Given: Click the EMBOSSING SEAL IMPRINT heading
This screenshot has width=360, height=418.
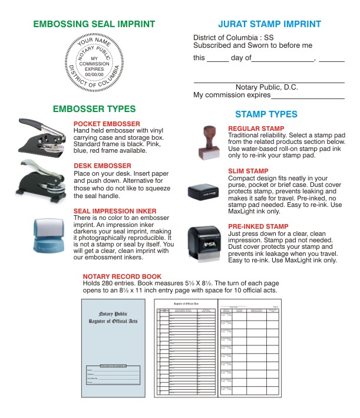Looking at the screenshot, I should pyautogui.click(x=94, y=24).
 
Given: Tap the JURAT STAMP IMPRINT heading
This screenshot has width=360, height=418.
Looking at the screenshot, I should pyautogui.click(x=269, y=24).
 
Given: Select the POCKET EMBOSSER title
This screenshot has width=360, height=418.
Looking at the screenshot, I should pyautogui.click(x=107, y=124).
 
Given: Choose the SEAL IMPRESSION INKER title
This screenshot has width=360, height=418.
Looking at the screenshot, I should pyautogui.click(x=115, y=211).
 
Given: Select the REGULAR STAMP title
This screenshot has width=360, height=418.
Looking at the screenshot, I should pyautogui.click(x=256, y=129).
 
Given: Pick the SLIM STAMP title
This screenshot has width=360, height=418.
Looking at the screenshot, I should pyautogui.click(x=248, y=172).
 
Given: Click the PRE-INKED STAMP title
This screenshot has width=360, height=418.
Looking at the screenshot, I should pyautogui.click(x=258, y=226).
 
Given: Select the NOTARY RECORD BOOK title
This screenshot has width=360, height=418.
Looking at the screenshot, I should pyautogui.click(x=122, y=276).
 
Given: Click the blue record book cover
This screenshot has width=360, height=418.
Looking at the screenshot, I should pyautogui.click(x=112, y=348).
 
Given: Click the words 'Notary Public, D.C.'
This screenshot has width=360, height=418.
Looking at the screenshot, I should pyautogui.click(x=266, y=87).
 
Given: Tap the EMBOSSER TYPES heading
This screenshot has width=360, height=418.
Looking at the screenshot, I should pyautogui.click(x=94, y=109).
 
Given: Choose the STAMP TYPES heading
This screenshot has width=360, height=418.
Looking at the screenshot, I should pyautogui.click(x=266, y=114).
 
